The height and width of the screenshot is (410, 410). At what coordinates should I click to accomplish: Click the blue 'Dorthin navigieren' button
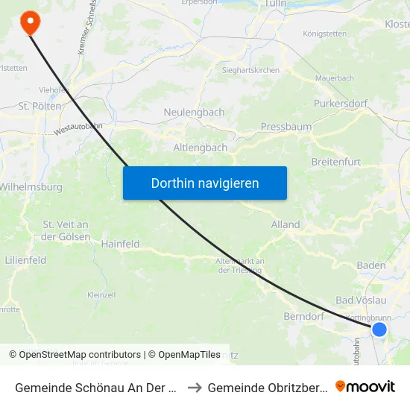(205, 183)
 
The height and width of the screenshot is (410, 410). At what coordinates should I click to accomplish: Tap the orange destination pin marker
(31, 22)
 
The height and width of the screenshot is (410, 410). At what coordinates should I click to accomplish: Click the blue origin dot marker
(379, 329)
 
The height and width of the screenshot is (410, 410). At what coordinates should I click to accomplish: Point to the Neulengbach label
(194, 112)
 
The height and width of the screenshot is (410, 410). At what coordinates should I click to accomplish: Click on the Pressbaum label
(286, 127)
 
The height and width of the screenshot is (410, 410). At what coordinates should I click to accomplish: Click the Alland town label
(286, 224)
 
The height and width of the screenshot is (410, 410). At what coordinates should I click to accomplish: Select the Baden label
(372, 265)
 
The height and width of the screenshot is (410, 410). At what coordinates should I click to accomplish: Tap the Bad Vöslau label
(362, 300)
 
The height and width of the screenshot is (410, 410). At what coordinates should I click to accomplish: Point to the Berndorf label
(303, 316)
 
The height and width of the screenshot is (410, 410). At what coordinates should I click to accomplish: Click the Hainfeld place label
(121, 244)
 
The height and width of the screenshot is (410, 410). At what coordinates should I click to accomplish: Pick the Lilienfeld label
(26, 260)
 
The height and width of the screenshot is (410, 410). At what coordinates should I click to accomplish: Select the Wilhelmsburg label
(31, 187)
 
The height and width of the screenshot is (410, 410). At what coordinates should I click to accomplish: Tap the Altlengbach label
(201, 148)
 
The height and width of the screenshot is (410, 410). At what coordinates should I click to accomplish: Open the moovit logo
(365, 386)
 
